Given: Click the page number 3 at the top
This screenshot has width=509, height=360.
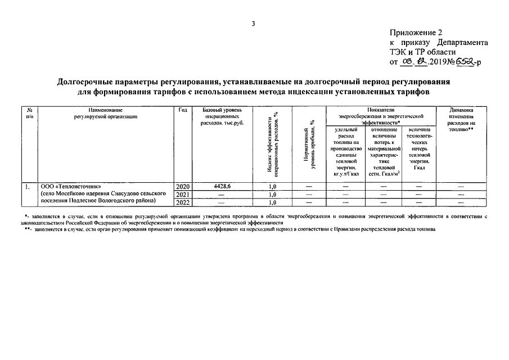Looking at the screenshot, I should [x=254, y=24].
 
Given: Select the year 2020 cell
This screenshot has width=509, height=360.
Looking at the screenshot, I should [x=183, y=186].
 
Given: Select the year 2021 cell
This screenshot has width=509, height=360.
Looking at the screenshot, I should [x=183, y=195].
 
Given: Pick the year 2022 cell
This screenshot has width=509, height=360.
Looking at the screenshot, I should [x=183, y=202].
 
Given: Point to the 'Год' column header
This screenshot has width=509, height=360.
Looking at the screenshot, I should [x=183, y=110].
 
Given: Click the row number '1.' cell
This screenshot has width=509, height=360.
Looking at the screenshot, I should [x=26, y=186].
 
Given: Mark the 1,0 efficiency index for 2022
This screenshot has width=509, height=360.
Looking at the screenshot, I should [x=272, y=202].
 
